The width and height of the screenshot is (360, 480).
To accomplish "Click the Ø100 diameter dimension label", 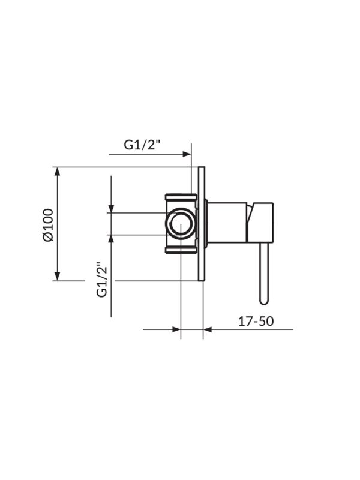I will pos(49,224).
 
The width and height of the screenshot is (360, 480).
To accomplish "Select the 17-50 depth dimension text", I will pos(256,321).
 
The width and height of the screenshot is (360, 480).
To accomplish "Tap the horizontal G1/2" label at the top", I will pos(142,145).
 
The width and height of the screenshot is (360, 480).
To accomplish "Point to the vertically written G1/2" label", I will pos(101,278).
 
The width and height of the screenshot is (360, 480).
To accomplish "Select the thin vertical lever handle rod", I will pos(263,270).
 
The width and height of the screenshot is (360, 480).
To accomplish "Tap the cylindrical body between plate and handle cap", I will pos(227,223).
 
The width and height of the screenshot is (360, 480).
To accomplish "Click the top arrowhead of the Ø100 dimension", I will pos(58,172).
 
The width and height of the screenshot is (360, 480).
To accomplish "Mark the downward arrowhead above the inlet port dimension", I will pos(111,208).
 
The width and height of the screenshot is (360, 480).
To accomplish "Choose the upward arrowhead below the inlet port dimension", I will pos(111,239).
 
